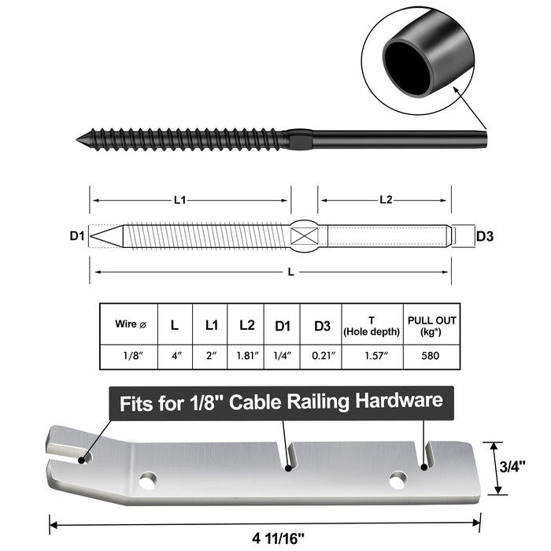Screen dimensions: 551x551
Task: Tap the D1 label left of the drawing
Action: click(x=76, y=235)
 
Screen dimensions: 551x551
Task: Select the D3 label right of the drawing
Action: click(x=486, y=235)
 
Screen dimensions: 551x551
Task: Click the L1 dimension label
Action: click(x=180, y=201)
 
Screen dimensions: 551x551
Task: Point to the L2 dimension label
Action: click(x=386, y=201)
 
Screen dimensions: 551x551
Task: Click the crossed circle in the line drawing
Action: click(x=304, y=235)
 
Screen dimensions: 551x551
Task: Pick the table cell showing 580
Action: click(x=431, y=356)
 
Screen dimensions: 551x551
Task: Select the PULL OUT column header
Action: click(x=431, y=324)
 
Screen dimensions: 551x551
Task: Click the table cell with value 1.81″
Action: click(x=246, y=356)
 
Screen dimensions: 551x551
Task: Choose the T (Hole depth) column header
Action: click(x=372, y=324)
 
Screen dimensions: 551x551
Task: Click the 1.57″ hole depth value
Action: click(x=372, y=356)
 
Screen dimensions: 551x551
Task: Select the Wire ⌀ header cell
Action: click(x=130, y=324)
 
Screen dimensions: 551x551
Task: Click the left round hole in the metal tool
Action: click(x=147, y=478)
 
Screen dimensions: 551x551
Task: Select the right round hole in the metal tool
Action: click(x=398, y=478)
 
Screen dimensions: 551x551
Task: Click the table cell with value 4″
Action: click(x=176, y=356)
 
